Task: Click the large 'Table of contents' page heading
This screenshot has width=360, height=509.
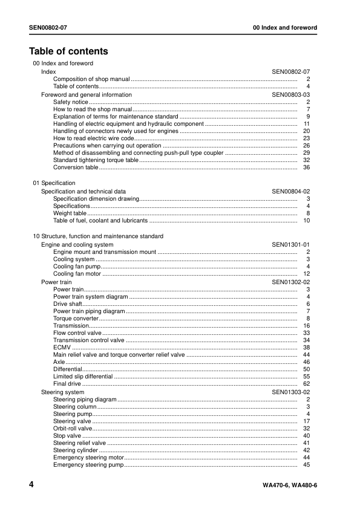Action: click(68, 51)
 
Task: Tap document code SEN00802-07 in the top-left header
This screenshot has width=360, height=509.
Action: click(52, 28)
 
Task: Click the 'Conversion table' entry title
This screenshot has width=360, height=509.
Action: click(76, 167)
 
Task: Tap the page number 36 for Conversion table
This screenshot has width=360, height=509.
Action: click(306, 167)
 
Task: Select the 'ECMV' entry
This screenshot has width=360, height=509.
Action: click(62, 348)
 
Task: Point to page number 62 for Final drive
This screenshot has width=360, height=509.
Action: click(306, 384)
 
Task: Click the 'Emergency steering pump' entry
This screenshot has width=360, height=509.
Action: click(88, 465)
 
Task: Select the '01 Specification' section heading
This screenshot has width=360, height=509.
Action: click(54, 183)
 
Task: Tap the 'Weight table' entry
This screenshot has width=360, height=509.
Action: click(70, 213)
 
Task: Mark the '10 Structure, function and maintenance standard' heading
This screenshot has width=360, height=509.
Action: click(97, 236)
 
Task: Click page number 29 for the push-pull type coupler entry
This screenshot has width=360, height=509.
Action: click(306, 153)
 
